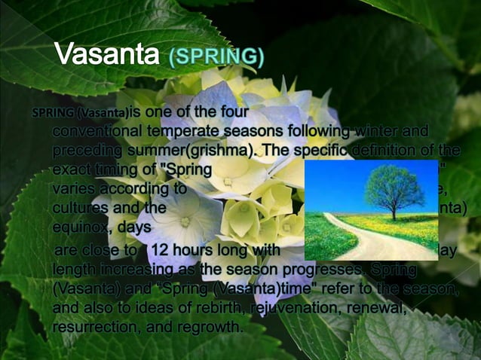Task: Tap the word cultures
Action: click(x=82, y=206)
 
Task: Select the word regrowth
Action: click(x=204, y=326)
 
